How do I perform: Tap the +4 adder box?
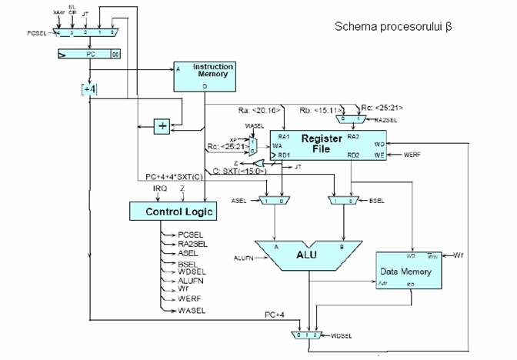[89, 90]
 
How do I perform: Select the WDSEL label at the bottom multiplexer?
[339, 336]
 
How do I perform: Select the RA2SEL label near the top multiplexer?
[378, 120]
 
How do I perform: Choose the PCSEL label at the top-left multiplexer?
[35, 32]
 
